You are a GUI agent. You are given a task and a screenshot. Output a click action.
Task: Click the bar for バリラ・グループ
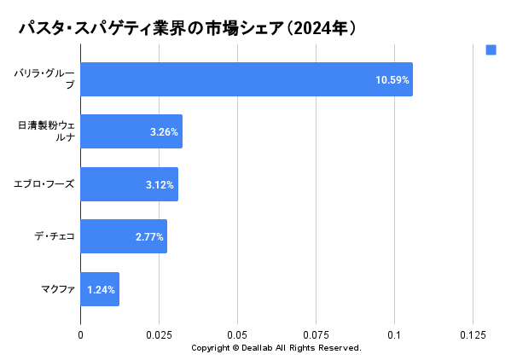(247, 79)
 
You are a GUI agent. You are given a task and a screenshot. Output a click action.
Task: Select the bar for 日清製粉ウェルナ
(131, 132)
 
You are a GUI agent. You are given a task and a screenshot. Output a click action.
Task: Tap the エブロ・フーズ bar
(129, 184)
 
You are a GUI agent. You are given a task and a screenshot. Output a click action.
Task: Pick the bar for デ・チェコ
(124, 236)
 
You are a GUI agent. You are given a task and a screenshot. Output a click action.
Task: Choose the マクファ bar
(100, 289)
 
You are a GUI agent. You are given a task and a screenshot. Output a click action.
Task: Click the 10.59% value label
(392, 80)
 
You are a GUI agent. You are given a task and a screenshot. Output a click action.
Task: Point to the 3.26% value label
(163, 132)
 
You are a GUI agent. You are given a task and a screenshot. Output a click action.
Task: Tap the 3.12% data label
(160, 185)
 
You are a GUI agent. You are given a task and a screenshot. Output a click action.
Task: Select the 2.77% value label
(149, 237)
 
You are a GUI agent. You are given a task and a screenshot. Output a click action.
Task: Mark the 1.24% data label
(102, 290)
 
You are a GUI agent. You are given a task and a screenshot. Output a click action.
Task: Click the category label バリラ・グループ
(44, 79)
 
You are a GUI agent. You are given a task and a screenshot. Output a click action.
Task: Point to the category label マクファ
(58, 289)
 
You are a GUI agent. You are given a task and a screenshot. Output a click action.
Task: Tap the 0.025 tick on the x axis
(159, 336)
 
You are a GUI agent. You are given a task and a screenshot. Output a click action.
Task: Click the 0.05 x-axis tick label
(237, 336)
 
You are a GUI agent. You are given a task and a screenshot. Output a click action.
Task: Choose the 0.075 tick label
(316, 336)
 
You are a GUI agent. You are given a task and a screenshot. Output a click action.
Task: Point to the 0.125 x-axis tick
(473, 336)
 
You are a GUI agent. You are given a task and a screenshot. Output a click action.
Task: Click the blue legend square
(491, 49)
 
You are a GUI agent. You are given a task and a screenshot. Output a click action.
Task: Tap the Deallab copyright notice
(276, 348)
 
